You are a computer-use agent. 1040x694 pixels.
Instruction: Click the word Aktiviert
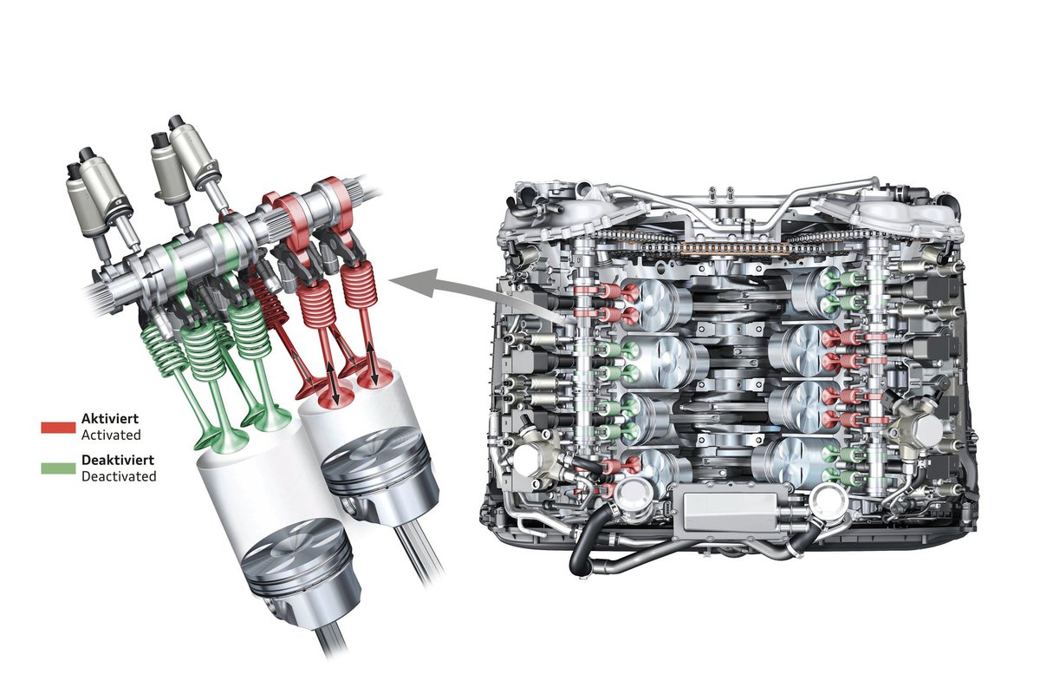[x=110, y=418]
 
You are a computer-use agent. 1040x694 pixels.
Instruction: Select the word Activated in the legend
[x=111, y=435]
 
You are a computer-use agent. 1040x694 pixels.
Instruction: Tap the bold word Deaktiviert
[x=118, y=460]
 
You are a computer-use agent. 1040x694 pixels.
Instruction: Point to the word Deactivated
[x=119, y=476]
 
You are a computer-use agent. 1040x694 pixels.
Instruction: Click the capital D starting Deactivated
[x=86, y=476]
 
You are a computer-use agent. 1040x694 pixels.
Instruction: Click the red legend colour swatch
[x=58, y=427]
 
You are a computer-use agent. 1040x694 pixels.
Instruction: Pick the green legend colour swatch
[x=58, y=468]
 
